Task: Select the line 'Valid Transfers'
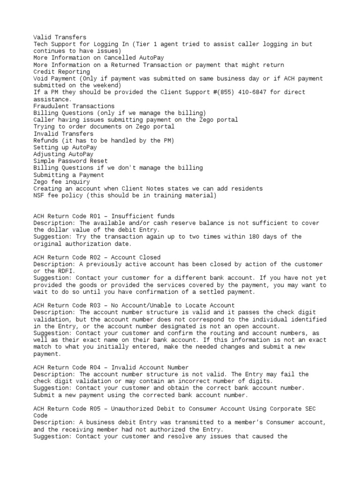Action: [60, 37]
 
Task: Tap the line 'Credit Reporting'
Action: [62, 72]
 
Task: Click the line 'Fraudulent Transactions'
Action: [74, 106]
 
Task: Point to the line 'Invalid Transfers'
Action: [63, 134]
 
